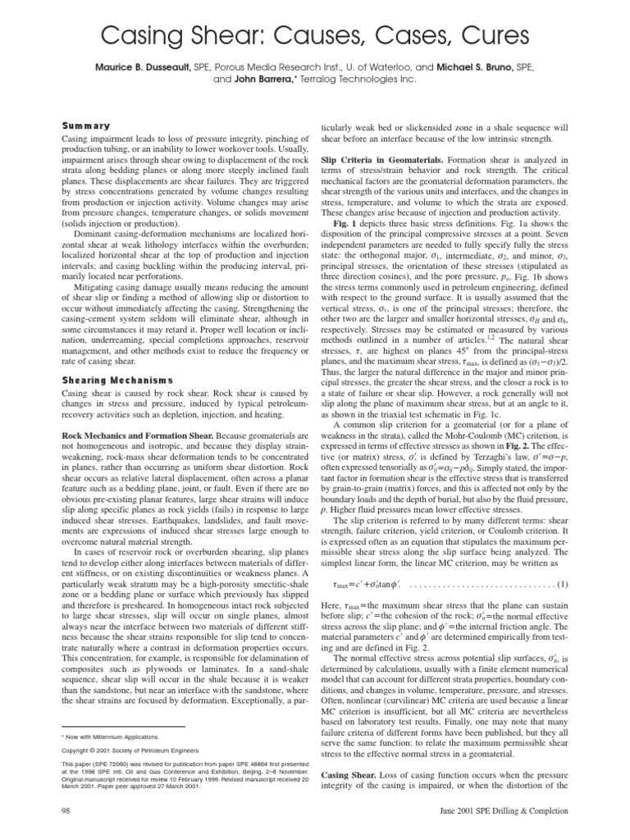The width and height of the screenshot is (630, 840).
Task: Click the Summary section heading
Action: click(x=86, y=126)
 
